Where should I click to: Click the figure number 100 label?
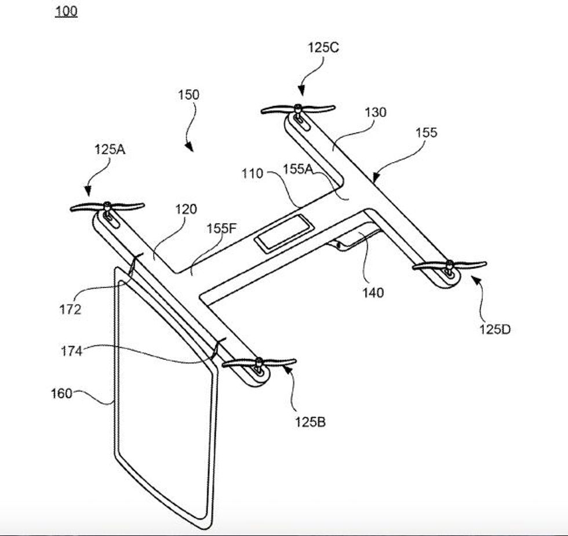(66, 11)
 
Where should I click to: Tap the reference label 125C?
(323, 48)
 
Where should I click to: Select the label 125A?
(110, 149)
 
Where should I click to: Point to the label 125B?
(310, 422)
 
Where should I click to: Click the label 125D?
(494, 329)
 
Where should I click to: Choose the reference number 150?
(188, 94)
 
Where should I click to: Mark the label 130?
(375, 112)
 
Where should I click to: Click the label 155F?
(222, 228)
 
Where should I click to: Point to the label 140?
(373, 293)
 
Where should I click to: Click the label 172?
(70, 309)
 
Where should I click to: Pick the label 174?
(71, 351)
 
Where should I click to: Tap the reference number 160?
(61, 393)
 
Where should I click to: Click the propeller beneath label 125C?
(298, 108)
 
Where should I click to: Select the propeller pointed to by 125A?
(107, 206)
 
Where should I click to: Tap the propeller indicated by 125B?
(259, 363)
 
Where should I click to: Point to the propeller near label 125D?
(449, 265)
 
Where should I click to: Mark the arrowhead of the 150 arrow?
(189, 149)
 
